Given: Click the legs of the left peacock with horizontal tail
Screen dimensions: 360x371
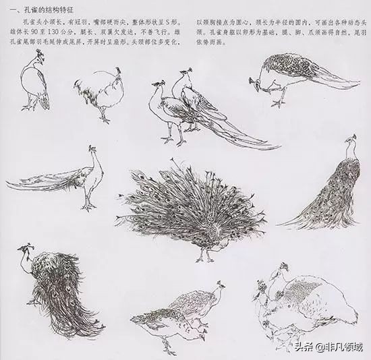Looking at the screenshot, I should [x=88, y=199].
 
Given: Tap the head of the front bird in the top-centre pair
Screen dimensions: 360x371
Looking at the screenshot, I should [x=156, y=87].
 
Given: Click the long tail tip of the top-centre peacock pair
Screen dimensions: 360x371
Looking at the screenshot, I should [x=273, y=146].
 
